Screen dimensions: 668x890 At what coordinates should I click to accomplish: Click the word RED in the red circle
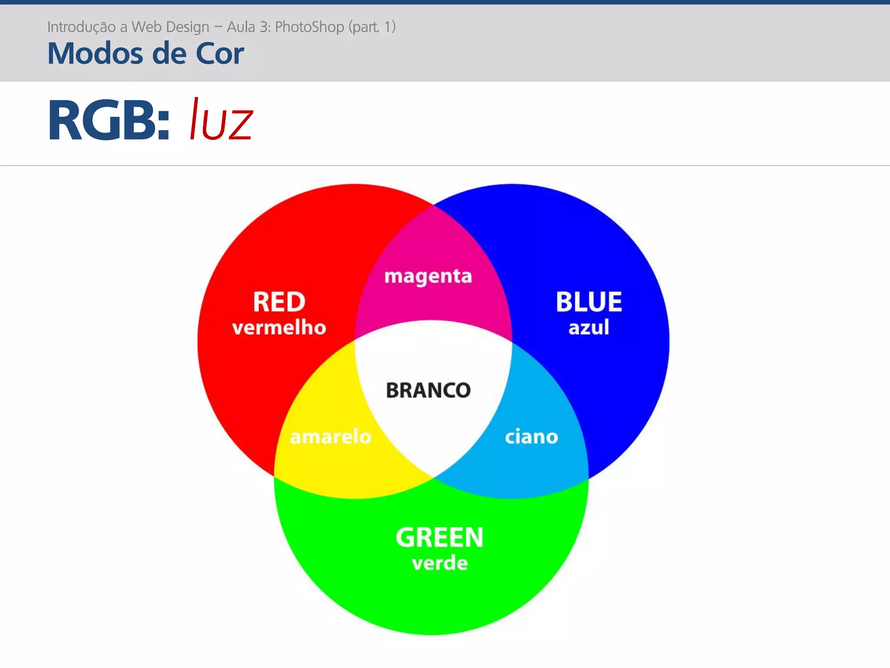pyautogui.click(x=279, y=302)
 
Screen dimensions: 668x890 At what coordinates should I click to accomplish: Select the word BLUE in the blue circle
pyautogui.click(x=589, y=302)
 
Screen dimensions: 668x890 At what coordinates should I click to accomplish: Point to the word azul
pyautogui.click(x=589, y=327)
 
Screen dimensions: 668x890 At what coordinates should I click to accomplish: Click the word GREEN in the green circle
pyautogui.click(x=439, y=538)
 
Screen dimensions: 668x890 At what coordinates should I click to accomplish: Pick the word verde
pyautogui.click(x=440, y=563)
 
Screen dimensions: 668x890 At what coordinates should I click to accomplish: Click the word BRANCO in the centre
pyautogui.click(x=428, y=390)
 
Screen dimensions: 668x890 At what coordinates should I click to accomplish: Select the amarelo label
pyautogui.click(x=331, y=437)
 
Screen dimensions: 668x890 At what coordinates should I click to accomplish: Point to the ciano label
pyautogui.click(x=531, y=437)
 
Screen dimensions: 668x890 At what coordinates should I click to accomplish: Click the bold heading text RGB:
pyautogui.click(x=109, y=120)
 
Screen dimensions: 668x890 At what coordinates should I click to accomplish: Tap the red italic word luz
pyautogui.click(x=221, y=120)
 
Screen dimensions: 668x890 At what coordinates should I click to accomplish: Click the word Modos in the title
pyautogui.click(x=95, y=53)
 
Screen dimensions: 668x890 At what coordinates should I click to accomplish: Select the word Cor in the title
pyautogui.click(x=219, y=53)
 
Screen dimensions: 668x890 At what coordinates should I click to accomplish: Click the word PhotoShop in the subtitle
pyautogui.click(x=309, y=27)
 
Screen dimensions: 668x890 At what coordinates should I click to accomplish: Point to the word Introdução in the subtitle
pyautogui.click(x=81, y=27)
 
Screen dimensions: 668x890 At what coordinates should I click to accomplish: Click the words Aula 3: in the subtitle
pyautogui.click(x=249, y=27)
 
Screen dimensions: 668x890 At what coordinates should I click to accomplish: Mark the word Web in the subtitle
pyautogui.click(x=147, y=27)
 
